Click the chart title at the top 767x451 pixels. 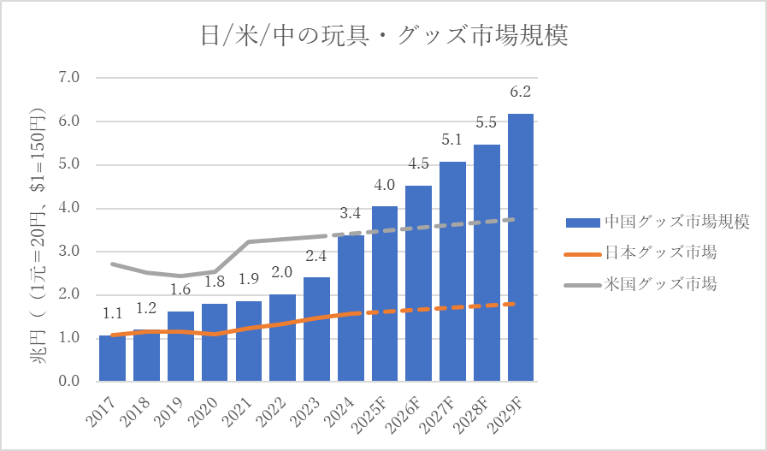[383, 37]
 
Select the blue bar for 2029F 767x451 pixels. [521, 248]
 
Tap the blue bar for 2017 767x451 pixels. [112, 359]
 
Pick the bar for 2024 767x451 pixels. [351, 308]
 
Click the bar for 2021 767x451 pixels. [248, 342]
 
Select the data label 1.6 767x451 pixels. [180, 290]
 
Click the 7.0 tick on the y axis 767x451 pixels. [68, 78]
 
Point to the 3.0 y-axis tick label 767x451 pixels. [68, 252]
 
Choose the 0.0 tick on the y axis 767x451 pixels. [68, 382]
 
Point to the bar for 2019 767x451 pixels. [180, 347]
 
